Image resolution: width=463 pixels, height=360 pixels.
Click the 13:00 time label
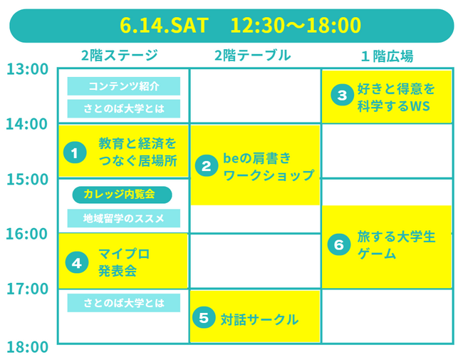tap(28, 69)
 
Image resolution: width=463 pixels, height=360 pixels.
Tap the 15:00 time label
tap(28, 180)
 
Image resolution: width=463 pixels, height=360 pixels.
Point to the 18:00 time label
tap(28, 347)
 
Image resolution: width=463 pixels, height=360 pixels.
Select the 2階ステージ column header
tap(120, 56)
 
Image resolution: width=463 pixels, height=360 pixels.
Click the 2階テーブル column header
tap(253, 56)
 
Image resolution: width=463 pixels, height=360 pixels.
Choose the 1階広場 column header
tap(387, 56)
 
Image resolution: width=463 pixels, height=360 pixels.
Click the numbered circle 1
tap(75, 153)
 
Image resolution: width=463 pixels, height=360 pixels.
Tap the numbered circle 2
tap(207, 166)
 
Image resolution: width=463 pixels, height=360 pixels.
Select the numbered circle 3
tap(342, 95)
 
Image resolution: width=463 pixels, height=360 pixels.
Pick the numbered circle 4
tap(77, 262)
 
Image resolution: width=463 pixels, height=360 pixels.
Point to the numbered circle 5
tap(204, 317)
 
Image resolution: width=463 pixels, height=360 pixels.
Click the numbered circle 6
tap(339, 245)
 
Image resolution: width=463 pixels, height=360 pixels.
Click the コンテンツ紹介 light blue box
tap(124, 86)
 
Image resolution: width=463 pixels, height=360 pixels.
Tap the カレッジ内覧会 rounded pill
tap(122, 195)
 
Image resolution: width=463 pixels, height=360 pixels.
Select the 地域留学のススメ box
tap(124, 218)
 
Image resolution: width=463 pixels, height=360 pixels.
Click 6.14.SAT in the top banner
tap(164, 26)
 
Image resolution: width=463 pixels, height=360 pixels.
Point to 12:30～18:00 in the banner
tap(296, 26)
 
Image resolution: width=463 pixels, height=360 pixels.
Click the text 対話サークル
tap(259, 319)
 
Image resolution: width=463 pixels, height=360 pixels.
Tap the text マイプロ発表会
tap(124, 262)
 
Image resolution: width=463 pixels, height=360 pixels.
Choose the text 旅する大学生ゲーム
tap(396, 245)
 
